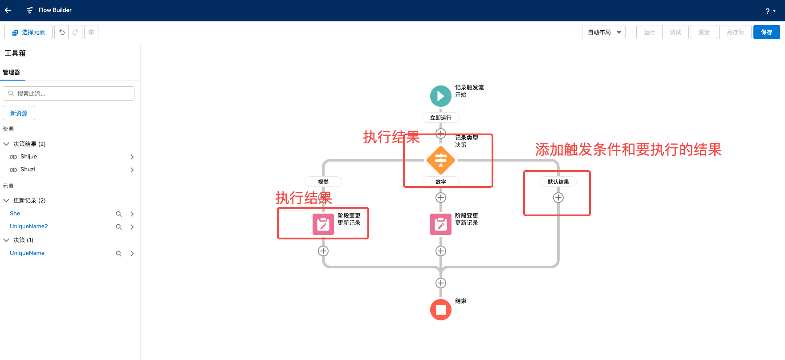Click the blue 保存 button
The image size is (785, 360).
pyautogui.click(x=766, y=32)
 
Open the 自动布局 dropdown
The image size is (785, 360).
pyautogui.click(x=603, y=32)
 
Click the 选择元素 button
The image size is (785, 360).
pyautogui.click(x=28, y=32)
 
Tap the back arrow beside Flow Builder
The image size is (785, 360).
pyautogui.click(x=8, y=10)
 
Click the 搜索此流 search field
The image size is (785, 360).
pyautogui.click(x=69, y=93)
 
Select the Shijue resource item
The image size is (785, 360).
pyautogui.click(x=28, y=157)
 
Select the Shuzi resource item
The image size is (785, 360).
pyautogui.click(x=28, y=170)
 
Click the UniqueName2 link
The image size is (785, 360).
pyautogui.click(x=29, y=227)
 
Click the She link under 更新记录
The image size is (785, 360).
pyautogui.click(x=15, y=214)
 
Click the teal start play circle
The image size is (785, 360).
pyautogui.click(x=440, y=96)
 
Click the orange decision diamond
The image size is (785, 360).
pyautogui.click(x=440, y=160)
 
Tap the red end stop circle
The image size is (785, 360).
pyautogui.click(x=440, y=309)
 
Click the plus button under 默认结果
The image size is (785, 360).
pyautogui.click(x=558, y=198)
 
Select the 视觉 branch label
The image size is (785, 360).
pyautogui.click(x=323, y=182)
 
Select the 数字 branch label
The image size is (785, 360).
pyautogui.click(x=440, y=182)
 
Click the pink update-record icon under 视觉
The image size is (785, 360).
pyautogui.click(x=323, y=224)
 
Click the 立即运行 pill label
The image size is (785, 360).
pyautogui.click(x=440, y=117)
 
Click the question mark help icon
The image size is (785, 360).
pyautogui.click(x=768, y=11)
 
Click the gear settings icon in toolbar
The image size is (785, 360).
pyautogui.click(x=91, y=32)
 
